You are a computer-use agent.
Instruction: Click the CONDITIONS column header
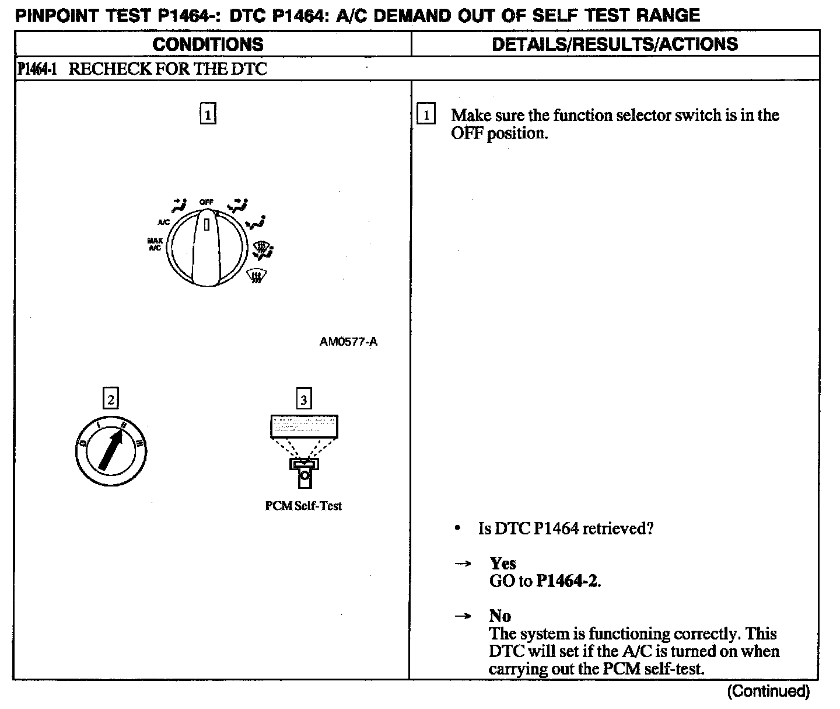tap(208, 44)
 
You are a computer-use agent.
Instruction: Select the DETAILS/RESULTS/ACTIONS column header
tap(615, 44)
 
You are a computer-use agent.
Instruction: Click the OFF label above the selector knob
tap(206, 201)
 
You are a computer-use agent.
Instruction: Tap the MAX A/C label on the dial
tap(155, 244)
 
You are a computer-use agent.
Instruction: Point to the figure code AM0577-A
tap(348, 342)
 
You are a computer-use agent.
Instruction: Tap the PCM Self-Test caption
tap(303, 506)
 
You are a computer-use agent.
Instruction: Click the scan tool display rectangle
tap(304, 426)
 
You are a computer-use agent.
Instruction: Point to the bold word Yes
tap(503, 564)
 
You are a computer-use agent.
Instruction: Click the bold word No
tap(500, 616)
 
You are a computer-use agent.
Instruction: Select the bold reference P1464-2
tap(568, 581)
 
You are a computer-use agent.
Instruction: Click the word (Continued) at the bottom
tap(768, 691)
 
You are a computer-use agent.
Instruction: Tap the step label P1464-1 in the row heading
tap(37, 69)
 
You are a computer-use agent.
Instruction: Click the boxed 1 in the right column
tap(426, 115)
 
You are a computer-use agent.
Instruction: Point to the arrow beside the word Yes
tap(463, 564)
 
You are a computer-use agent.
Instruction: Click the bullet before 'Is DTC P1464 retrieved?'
tap(458, 529)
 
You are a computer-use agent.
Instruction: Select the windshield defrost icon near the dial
tap(254, 275)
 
